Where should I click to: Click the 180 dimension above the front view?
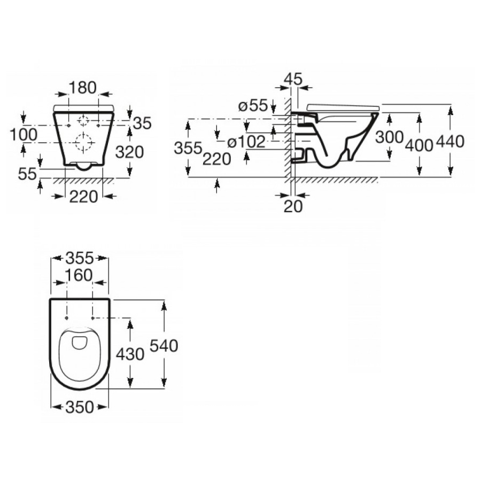pyautogui.click(x=83, y=87)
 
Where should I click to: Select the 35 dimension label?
pyautogui.click(x=142, y=123)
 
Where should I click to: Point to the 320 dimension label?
pyautogui.click(x=130, y=152)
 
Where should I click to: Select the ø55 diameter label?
pyautogui.click(x=252, y=106)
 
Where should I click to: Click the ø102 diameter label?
pyautogui.click(x=246, y=142)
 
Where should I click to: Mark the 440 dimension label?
pyautogui.click(x=451, y=141)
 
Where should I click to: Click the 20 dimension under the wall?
pyautogui.click(x=293, y=205)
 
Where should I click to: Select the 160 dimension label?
pyautogui.click(x=79, y=276)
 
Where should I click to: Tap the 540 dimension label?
pyautogui.click(x=164, y=346)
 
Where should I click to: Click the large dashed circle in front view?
pyautogui.click(x=84, y=142)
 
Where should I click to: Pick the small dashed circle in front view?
pyautogui.click(x=84, y=120)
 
